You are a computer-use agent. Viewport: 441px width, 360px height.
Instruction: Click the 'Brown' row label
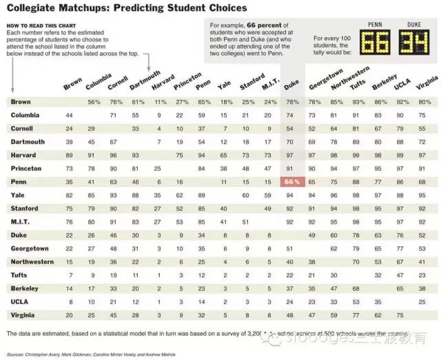21,102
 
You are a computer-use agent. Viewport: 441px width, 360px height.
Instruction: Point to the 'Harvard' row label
23,155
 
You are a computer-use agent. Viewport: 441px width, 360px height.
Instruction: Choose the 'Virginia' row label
23,315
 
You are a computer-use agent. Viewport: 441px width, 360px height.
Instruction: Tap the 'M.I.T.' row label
21,222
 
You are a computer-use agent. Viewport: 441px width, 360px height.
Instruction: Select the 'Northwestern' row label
32,262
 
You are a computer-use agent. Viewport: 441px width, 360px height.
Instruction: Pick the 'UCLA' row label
19,301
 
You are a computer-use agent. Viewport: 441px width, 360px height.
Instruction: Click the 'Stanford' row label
25,208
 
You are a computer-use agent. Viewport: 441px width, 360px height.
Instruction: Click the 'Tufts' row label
19,275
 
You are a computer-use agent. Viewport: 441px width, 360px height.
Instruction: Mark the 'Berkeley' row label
25,288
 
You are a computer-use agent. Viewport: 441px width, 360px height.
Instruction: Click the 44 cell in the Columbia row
70,115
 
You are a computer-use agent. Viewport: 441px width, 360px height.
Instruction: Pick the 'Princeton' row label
26,168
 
